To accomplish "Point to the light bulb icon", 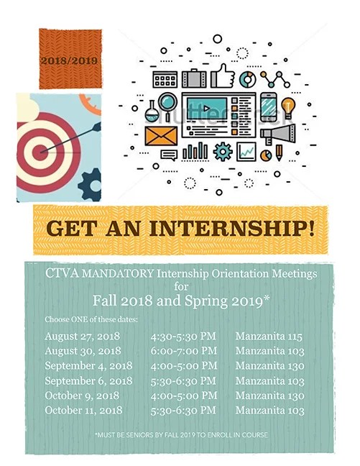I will [289, 106].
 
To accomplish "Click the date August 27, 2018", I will [82, 336].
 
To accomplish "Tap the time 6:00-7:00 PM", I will [183, 351].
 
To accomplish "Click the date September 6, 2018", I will [88, 380].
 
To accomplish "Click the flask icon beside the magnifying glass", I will [152, 110].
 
